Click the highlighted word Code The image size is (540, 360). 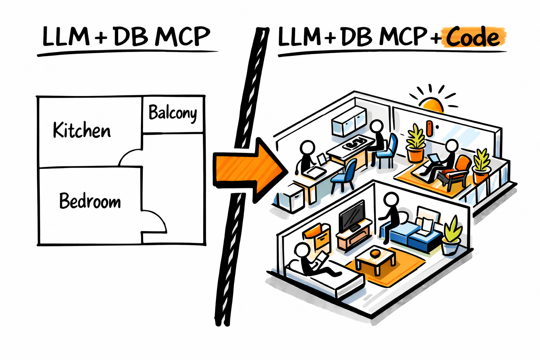[x=473, y=37]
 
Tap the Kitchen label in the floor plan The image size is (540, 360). [x=82, y=130]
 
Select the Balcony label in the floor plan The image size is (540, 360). [x=173, y=113]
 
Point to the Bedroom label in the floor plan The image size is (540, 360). [x=90, y=201]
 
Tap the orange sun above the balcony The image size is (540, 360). [x=432, y=104]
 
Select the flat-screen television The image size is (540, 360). [x=352, y=215]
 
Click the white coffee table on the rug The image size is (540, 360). [x=375, y=260]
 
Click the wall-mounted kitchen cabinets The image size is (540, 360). [x=349, y=121]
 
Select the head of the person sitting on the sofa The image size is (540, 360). [x=391, y=200]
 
